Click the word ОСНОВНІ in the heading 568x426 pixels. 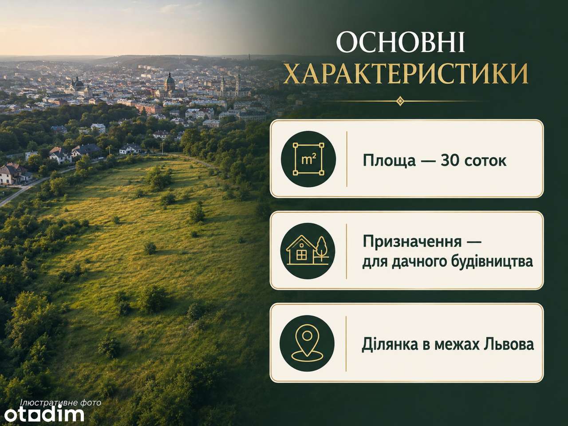pos(401,43)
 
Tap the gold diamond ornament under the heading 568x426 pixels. pos(400,101)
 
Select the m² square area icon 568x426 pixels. pos(308,159)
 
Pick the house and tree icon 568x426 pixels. pos(308,251)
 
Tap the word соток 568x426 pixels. pos(485,161)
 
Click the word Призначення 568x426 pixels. pos(412,242)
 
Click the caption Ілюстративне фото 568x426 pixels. pos(61,403)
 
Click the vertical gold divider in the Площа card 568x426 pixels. pos(347,159)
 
